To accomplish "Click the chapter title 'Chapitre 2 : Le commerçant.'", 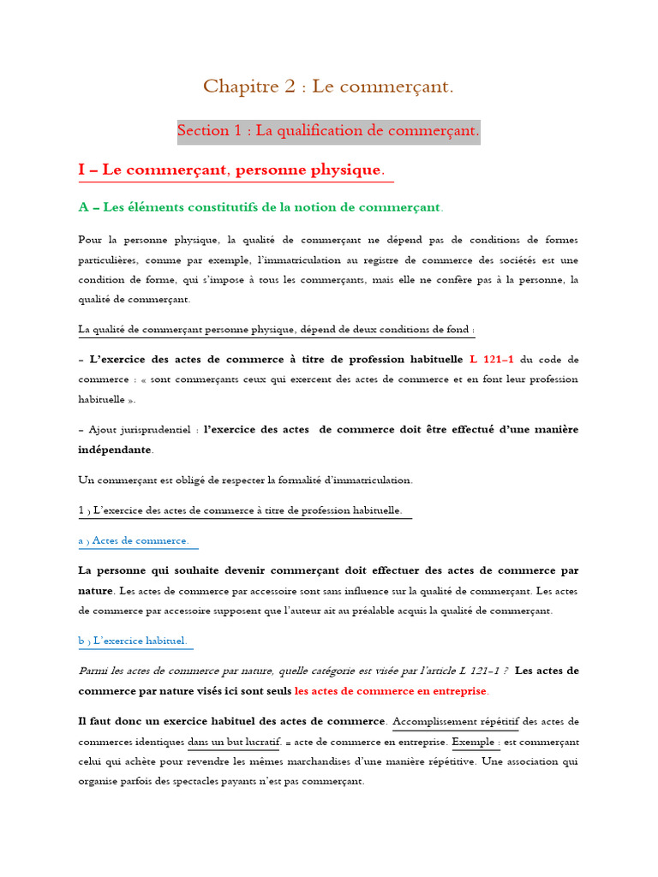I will coord(328,87).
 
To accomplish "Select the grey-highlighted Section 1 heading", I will coord(328,131).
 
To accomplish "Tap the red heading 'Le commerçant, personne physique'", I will coord(241,170).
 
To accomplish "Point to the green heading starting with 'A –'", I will coord(260,207).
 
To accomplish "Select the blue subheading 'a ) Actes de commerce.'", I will coord(134,540).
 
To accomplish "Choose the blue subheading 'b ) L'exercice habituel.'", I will coord(132,641).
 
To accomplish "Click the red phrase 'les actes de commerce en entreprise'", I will coord(391,690).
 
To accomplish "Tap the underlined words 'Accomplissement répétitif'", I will coord(455,721).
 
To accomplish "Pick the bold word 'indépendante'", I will coord(115,449).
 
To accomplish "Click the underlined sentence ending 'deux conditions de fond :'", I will coord(277,329).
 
